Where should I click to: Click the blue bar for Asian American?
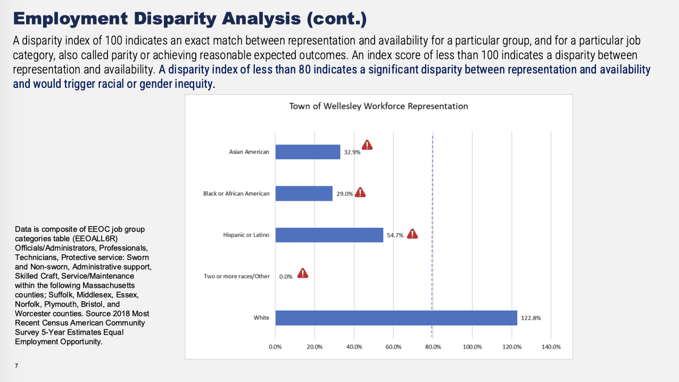point(308,152)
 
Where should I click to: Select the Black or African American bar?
point(304,194)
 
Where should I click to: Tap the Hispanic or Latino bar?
point(329,235)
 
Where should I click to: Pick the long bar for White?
point(396,318)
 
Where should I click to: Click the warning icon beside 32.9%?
point(367,145)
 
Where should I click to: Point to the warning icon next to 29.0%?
point(360,193)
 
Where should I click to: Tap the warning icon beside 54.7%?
point(412,234)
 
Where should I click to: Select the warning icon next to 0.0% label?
point(303,273)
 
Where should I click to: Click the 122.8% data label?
point(531,318)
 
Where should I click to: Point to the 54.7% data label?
point(395,235)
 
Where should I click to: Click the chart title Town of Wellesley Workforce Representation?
point(378,106)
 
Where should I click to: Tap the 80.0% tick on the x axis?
point(433,347)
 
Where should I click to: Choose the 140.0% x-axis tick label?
point(551,347)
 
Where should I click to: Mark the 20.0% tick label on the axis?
point(314,347)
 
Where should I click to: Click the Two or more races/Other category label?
point(237,277)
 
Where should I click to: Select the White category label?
point(261,318)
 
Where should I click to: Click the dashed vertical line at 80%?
point(432,255)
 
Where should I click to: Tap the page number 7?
point(17,366)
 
